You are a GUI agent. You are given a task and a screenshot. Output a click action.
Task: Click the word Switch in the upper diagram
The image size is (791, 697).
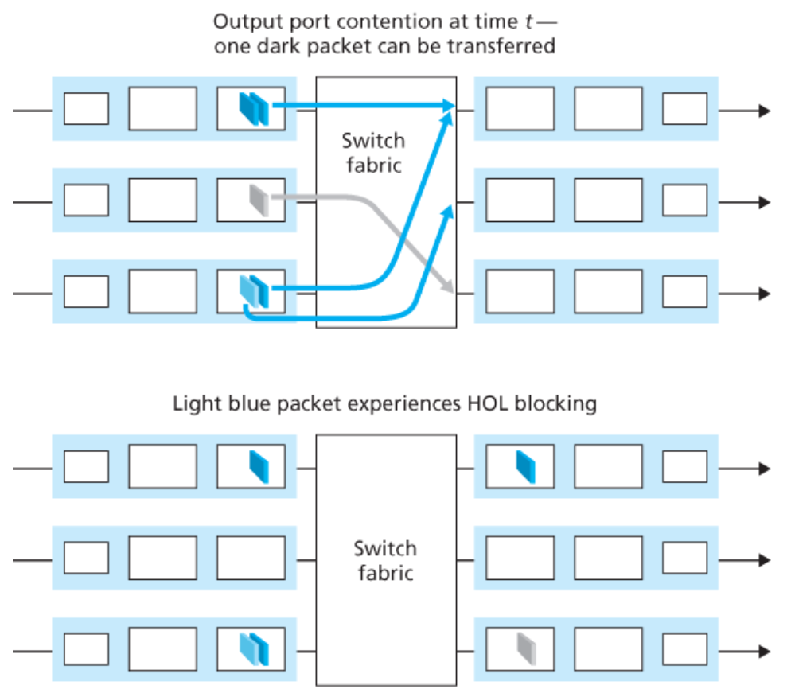[373, 142]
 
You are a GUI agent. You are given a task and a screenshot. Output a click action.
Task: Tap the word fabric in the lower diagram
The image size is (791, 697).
[386, 572]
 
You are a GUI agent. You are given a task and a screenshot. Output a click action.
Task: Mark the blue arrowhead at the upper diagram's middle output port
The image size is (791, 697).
[450, 209]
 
